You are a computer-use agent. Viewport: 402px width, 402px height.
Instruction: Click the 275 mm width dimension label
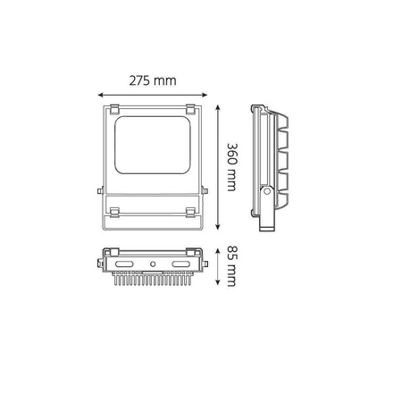(x=154, y=81)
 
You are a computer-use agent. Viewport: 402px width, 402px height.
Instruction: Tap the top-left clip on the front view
(x=115, y=109)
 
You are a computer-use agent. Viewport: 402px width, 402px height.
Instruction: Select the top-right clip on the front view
(x=190, y=109)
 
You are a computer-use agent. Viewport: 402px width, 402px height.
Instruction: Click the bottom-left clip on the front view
(x=114, y=212)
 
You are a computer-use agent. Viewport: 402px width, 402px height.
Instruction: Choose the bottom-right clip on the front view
(x=190, y=212)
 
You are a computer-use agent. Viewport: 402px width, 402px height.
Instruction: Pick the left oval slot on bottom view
(x=125, y=264)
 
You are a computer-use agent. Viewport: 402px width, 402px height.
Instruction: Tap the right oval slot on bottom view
(x=182, y=264)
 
